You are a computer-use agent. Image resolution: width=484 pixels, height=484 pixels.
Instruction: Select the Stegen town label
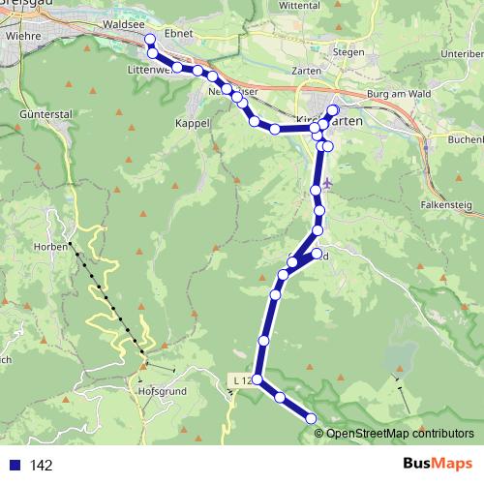(x=348, y=51)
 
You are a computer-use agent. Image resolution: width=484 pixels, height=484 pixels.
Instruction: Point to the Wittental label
(x=326, y=5)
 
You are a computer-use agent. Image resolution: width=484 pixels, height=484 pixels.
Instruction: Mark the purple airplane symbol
(x=329, y=182)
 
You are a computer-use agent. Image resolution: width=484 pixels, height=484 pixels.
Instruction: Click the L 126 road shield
(x=243, y=381)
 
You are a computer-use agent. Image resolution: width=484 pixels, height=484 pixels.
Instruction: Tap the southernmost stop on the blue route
(x=312, y=418)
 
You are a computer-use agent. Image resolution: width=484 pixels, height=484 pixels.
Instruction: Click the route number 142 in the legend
(x=40, y=466)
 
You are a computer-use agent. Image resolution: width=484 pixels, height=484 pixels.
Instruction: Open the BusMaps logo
(x=435, y=464)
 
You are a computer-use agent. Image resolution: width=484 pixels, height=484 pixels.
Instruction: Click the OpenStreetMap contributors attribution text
(x=399, y=433)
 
